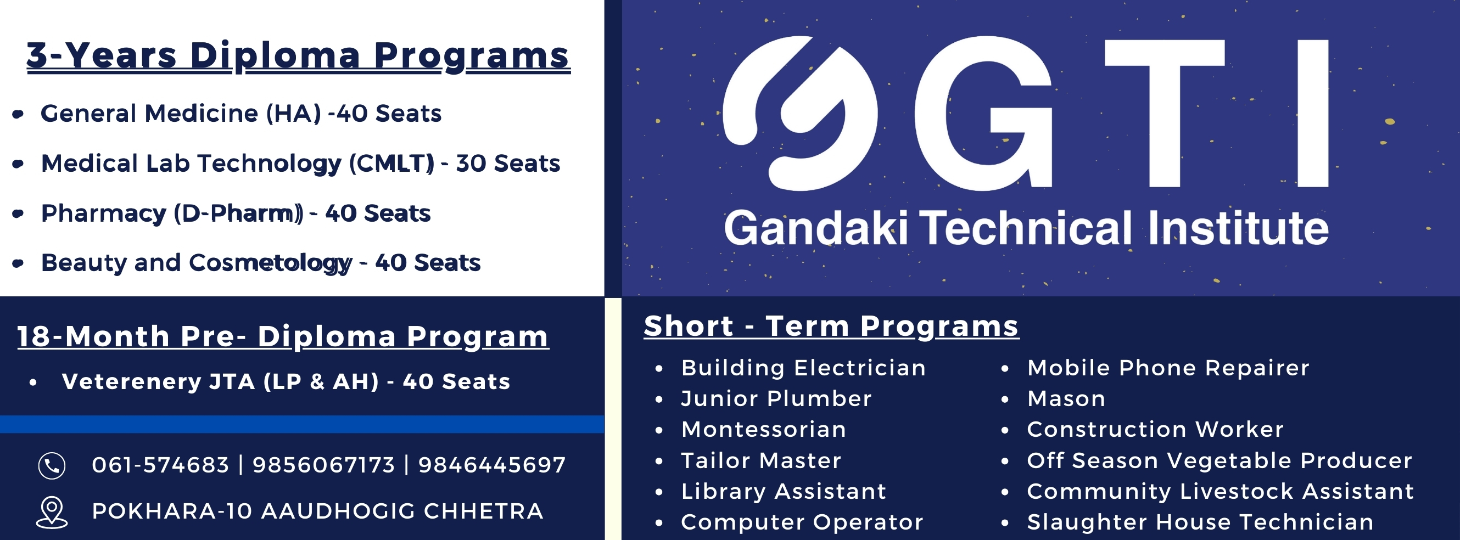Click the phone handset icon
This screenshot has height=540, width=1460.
click(52, 466)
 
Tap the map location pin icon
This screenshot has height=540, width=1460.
click(52, 511)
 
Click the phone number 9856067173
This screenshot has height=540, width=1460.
click(323, 465)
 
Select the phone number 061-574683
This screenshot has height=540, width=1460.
click(160, 465)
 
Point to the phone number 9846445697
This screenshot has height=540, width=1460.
click(491, 465)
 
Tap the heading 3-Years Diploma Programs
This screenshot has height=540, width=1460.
click(298, 56)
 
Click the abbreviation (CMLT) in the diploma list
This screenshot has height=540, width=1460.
click(391, 164)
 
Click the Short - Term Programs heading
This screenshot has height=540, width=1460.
click(831, 327)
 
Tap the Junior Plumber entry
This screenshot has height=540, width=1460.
click(776, 399)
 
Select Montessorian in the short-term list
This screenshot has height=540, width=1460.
click(763, 430)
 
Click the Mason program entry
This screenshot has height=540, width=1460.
click(1066, 399)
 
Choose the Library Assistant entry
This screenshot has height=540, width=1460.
click(784, 491)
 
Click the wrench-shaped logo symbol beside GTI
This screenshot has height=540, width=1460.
click(799, 114)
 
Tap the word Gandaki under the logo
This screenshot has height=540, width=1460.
click(816, 228)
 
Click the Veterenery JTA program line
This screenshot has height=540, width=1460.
click(286, 382)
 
